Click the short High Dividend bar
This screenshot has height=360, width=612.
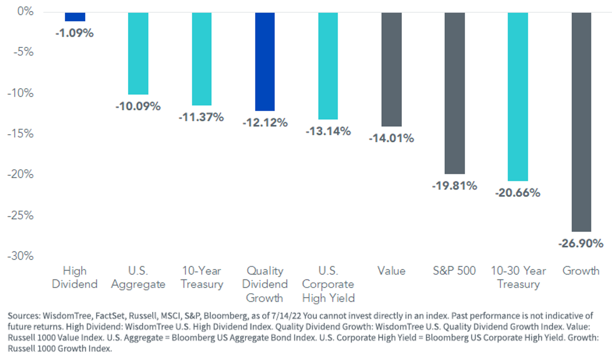(75, 17)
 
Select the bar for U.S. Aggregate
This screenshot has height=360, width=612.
(138, 54)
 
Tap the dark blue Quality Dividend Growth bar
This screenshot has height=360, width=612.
(265, 62)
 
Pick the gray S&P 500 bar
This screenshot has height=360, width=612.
(454, 93)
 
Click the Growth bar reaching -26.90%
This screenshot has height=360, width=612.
(581, 122)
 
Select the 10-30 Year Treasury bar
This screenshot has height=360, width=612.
(518, 97)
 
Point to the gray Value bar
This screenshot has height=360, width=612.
(392, 69)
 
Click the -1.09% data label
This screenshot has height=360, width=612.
(74, 33)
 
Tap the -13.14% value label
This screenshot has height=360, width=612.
(328, 131)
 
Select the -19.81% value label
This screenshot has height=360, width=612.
(454, 186)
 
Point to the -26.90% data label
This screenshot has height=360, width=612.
(580, 243)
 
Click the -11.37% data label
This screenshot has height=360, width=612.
(201, 117)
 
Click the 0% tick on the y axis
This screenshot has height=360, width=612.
(25, 11)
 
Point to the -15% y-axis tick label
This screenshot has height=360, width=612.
(20, 134)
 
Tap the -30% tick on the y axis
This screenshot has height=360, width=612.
(20, 256)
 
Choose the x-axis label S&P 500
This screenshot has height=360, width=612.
(454, 271)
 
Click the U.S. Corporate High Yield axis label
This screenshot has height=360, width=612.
(328, 285)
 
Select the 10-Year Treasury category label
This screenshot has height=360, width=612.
(202, 277)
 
